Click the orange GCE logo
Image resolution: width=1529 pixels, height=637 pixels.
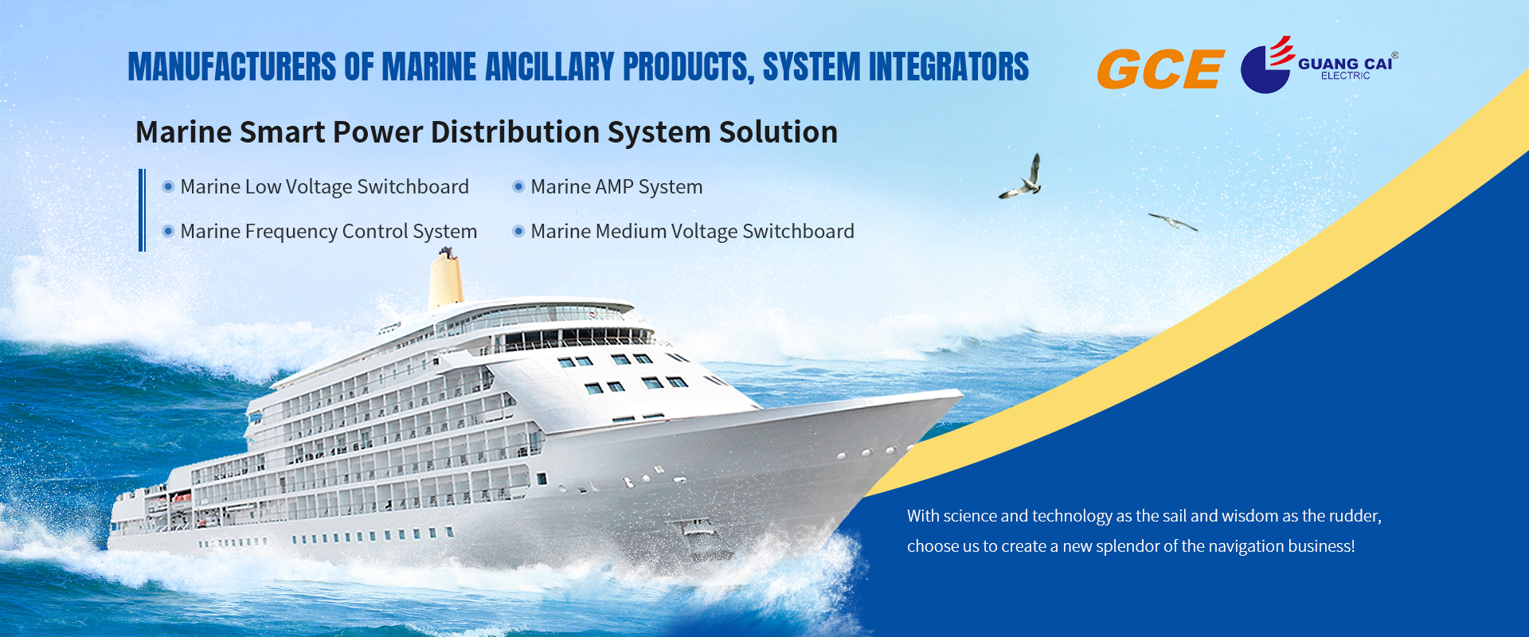pyautogui.click(x=1160, y=68)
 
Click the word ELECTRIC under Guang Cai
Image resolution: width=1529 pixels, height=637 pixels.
pyautogui.click(x=1346, y=76)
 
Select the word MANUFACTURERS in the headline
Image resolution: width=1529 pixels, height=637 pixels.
pyautogui.click(x=232, y=67)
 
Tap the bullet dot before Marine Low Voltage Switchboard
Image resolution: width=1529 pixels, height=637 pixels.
pyautogui.click(x=168, y=186)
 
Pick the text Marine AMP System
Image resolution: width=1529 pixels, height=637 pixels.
pyautogui.click(x=616, y=186)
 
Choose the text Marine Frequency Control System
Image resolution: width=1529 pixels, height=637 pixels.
pyautogui.click(x=328, y=231)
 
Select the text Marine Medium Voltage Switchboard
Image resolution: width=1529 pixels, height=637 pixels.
pyautogui.click(x=692, y=231)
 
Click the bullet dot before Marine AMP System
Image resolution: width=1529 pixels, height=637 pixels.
pyautogui.click(x=518, y=186)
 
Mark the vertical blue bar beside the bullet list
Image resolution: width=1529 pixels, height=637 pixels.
pyautogui.click(x=142, y=210)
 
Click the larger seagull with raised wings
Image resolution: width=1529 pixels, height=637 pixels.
pyautogui.click(x=1022, y=178)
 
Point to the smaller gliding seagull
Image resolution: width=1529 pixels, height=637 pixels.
pyautogui.click(x=1172, y=221)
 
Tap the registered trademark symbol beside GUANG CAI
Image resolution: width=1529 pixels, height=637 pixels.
pyautogui.click(x=1394, y=56)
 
